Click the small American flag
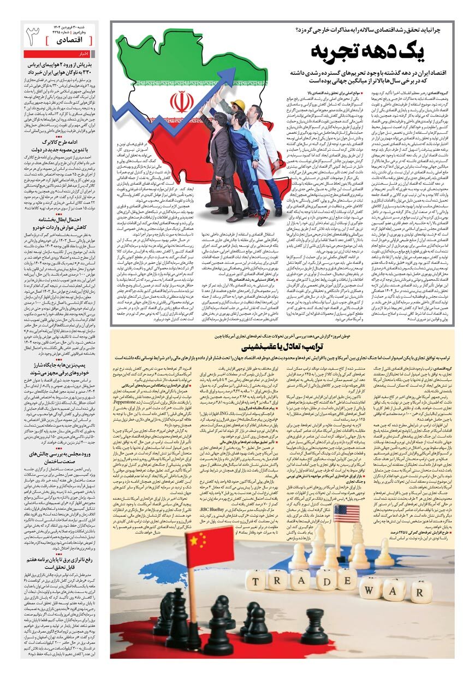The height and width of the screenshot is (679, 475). pos(342,516)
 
